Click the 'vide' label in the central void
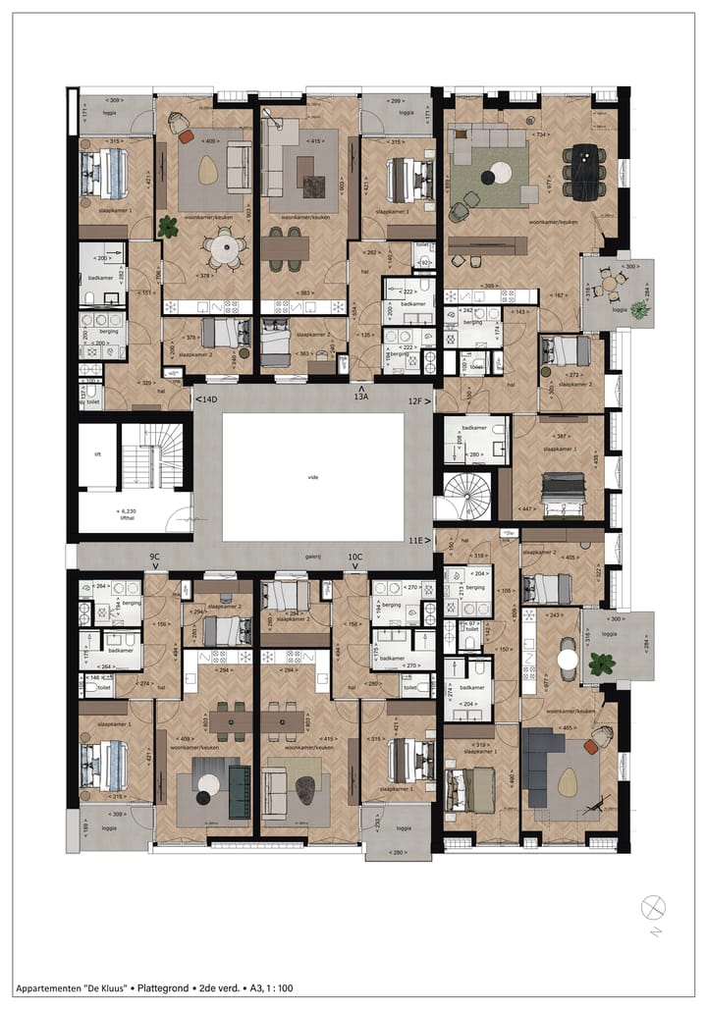click(312, 476)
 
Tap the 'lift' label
click(97, 454)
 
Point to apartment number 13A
click(361, 396)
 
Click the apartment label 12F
click(419, 400)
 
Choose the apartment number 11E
click(419, 540)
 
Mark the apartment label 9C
click(154, 557)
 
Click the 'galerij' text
click(312, 553)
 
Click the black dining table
click(585, 172)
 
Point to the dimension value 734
click(539, 133)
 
